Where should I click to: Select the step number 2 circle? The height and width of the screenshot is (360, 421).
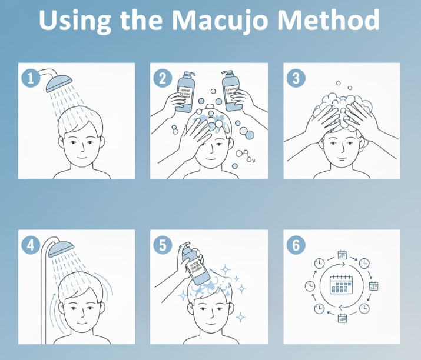click(x=163, y=78)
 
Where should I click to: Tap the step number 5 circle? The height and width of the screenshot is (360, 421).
click(x=163, y=244)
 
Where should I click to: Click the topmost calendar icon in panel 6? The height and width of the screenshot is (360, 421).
click(x=342, y=255)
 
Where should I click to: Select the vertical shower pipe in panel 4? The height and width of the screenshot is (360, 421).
click(x=41, y=294)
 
